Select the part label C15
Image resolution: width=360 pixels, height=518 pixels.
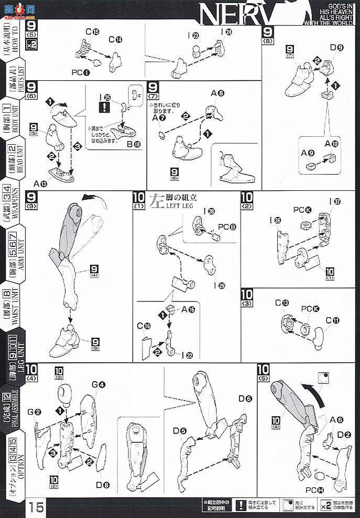pos(92,32)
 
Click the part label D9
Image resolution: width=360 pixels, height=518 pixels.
pos(336,49)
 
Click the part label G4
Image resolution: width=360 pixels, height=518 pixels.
pos(99,384)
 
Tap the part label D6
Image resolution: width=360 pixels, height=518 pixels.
pos(245,399)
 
